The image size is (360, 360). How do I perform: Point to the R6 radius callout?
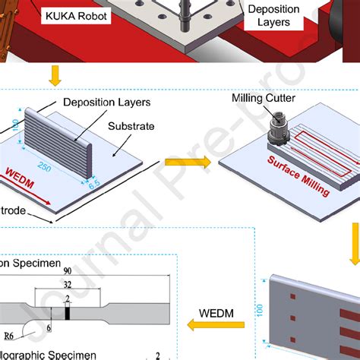pyautogui.click(x=9, y=332)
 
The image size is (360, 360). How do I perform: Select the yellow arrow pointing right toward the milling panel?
pyautogui.click(x=182, y=163)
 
